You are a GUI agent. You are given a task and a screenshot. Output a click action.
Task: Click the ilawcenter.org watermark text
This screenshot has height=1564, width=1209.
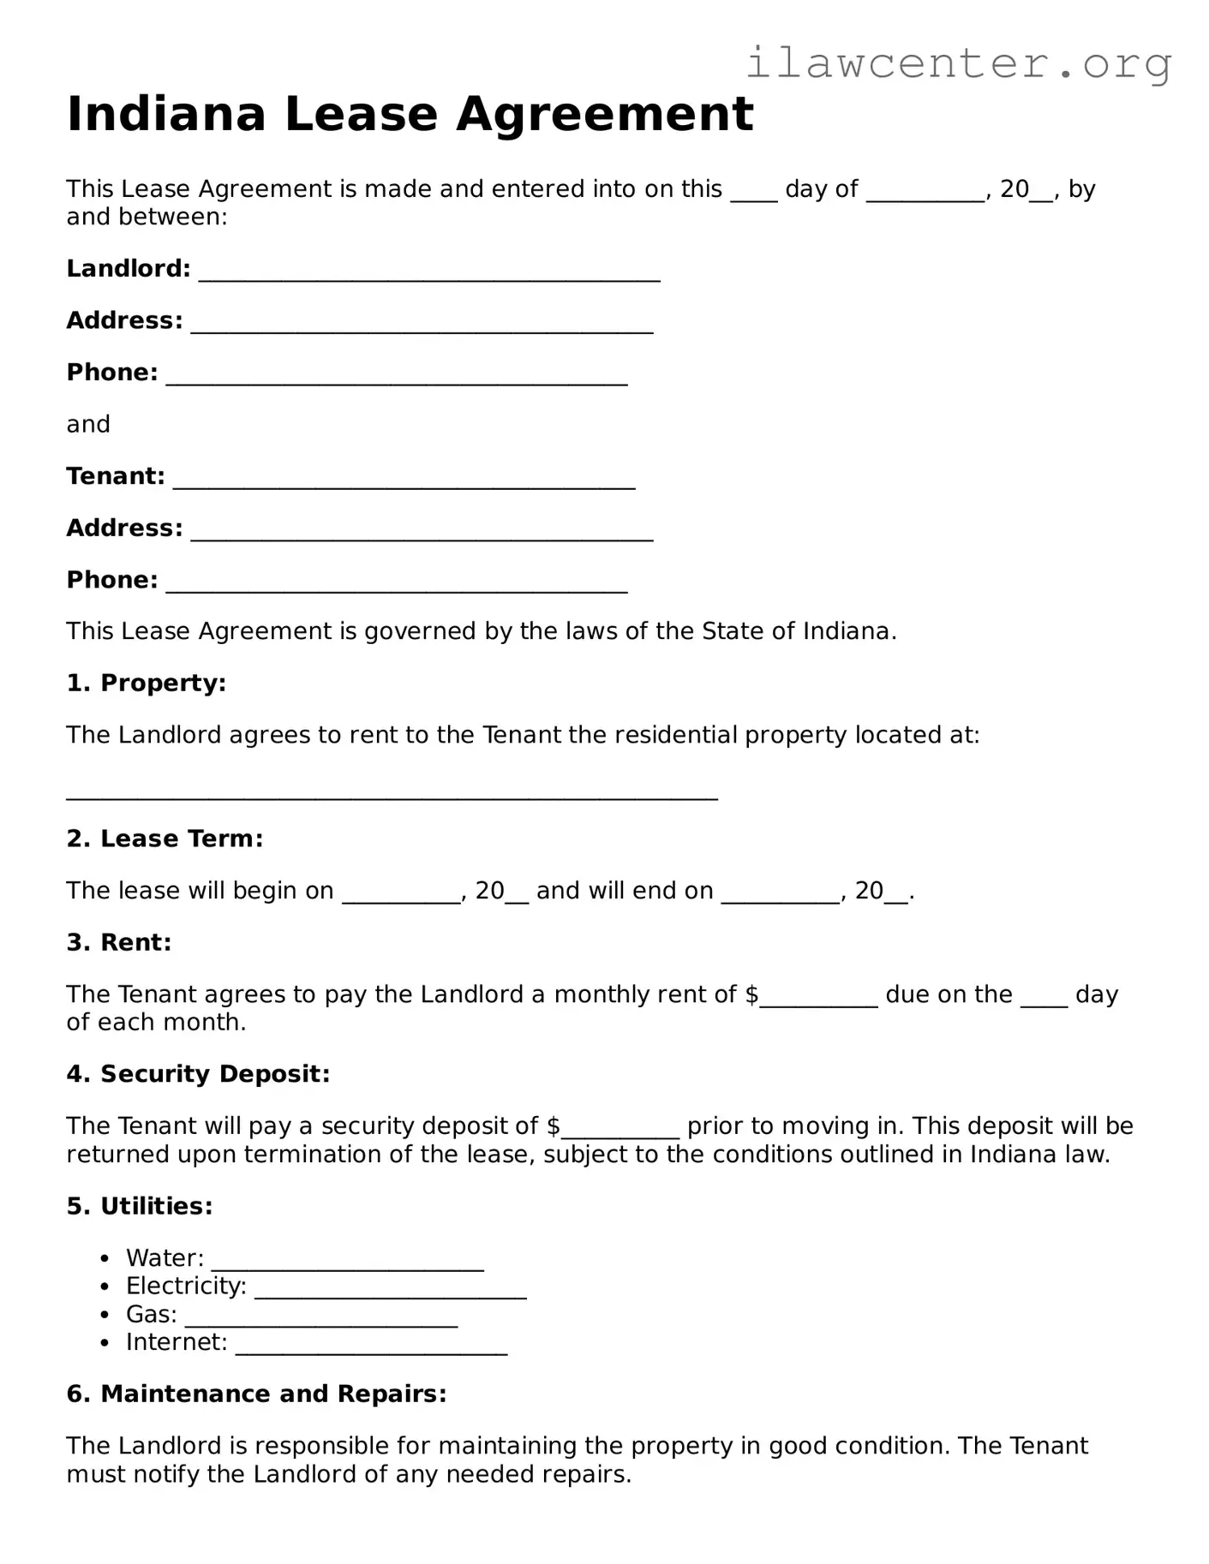958,63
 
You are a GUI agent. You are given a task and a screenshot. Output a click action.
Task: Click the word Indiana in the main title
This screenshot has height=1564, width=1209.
166,114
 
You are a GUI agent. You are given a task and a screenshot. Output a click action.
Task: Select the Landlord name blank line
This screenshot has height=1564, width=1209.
428,272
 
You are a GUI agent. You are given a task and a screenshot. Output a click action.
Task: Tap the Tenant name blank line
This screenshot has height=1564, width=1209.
404,480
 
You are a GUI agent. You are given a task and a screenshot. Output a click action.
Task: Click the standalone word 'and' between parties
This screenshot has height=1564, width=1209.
88,425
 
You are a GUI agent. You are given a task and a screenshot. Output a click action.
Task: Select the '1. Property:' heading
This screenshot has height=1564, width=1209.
147,684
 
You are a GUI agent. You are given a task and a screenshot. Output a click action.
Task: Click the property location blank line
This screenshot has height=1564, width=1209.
392,792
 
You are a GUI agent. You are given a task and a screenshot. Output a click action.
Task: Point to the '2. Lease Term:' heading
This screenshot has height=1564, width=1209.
165,839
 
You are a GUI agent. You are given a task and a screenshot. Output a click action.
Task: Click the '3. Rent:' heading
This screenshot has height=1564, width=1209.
119,942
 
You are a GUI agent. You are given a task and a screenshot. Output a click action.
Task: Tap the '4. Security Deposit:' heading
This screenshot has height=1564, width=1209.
198,1074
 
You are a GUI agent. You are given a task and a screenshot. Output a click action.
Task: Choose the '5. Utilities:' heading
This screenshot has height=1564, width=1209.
140,1206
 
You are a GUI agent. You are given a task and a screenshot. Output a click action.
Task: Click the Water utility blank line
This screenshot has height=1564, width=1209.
347,1262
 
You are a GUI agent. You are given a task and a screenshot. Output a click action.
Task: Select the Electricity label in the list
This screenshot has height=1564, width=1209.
186,1286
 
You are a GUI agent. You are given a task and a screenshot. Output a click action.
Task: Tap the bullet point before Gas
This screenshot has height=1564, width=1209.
105,1315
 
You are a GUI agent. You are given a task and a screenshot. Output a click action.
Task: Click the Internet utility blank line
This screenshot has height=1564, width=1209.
371,1346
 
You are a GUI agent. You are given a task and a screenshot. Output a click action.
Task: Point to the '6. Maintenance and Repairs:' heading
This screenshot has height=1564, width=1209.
256,1394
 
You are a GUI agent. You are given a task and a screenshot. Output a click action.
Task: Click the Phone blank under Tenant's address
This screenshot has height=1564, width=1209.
396,584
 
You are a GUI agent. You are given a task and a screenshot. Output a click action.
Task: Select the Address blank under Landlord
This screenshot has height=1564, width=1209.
422,325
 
